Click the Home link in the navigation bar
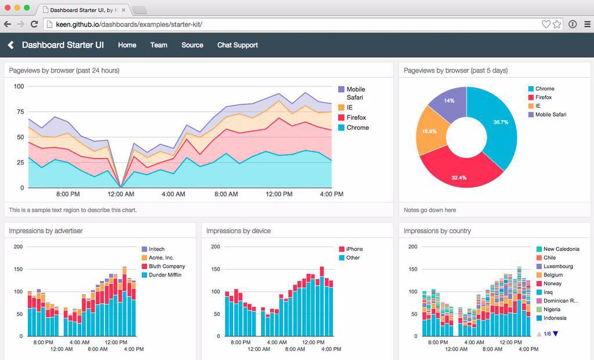(127, 45)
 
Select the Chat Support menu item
(237, 45)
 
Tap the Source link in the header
(192, 45)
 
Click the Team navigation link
(158, 45)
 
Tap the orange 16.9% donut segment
(430, 132)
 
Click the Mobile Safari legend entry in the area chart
(355, 93)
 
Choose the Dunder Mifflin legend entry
(165, 275)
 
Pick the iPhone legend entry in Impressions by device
(354, 249)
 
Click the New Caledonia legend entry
(560, 249)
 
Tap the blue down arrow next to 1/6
(556, 334)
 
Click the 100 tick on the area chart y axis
(19, 86)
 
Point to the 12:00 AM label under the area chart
(121, 194)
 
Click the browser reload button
(34, 24)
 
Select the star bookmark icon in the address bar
(557, 24)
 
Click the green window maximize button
(27, 8)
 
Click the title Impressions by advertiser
(46, 231)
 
